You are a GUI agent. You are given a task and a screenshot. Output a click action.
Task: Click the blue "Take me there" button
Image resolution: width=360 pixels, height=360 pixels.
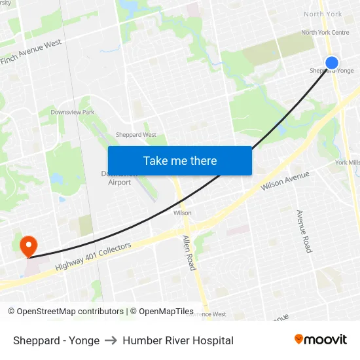tap(180, 161)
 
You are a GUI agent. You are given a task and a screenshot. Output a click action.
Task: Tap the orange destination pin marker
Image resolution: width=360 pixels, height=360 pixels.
tap(28, 246)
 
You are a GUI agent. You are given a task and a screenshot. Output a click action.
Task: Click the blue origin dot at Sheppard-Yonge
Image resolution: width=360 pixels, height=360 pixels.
tap(332, 63)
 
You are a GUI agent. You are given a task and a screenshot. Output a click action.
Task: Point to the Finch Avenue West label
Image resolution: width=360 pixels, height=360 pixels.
tap(31, 52)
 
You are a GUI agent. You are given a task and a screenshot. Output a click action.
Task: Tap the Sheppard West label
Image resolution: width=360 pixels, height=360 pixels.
tap(136, 135)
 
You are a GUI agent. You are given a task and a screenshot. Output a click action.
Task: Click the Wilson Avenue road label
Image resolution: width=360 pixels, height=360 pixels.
tap(285, 181)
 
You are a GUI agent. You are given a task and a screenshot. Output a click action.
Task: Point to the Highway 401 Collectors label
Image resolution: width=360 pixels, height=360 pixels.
tap(94, 256)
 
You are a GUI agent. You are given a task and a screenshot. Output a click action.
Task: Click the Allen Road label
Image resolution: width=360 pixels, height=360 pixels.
tap(189, 253)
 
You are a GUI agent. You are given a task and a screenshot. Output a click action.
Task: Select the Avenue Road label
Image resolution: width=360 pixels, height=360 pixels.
tap(304, 232)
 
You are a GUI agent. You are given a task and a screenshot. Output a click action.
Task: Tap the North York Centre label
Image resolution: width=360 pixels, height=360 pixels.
tap(325, 33)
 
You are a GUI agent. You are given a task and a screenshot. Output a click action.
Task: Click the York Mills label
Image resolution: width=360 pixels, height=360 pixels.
tap(347, 162)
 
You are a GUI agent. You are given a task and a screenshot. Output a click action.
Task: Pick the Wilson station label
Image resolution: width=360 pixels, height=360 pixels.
tap(183, 213)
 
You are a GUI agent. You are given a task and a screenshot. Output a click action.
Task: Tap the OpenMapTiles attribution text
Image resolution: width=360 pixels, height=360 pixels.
tap(166, 312)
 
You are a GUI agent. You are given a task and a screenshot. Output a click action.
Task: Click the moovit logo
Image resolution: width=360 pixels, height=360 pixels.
tap(320, 340)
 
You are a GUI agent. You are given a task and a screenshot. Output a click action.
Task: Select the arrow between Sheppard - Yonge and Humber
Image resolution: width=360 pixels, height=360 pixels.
tap(111, 340)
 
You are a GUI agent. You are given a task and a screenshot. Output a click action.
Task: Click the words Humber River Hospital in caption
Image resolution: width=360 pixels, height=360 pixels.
tap(178, 340)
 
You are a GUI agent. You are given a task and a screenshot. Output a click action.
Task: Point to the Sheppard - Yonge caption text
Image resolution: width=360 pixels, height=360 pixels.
tap(56, 340)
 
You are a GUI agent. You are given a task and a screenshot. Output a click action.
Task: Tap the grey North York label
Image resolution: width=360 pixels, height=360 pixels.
tap(323, 14)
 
